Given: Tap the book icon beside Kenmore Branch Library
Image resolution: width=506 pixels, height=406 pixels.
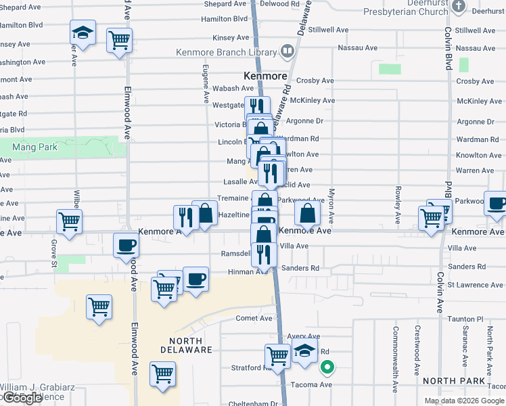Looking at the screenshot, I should click(x=287, y=51).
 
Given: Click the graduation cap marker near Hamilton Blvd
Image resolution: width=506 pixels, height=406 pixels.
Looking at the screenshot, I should click(x=83, y=33).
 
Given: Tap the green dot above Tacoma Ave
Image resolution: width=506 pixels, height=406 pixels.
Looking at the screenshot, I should click(x=327, y=368).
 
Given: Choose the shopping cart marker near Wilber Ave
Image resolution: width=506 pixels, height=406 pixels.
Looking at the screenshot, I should click(x=69, y=223).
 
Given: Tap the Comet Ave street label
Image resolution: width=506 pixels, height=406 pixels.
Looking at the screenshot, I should click(x=254, y=318).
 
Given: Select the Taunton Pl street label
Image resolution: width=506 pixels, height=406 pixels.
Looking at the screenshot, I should click(x=467, y=318).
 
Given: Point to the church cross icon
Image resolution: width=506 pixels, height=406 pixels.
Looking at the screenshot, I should click(x=459, y=7).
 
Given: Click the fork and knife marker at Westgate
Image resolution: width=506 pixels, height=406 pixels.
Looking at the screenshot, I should click(x=256, y=107).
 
